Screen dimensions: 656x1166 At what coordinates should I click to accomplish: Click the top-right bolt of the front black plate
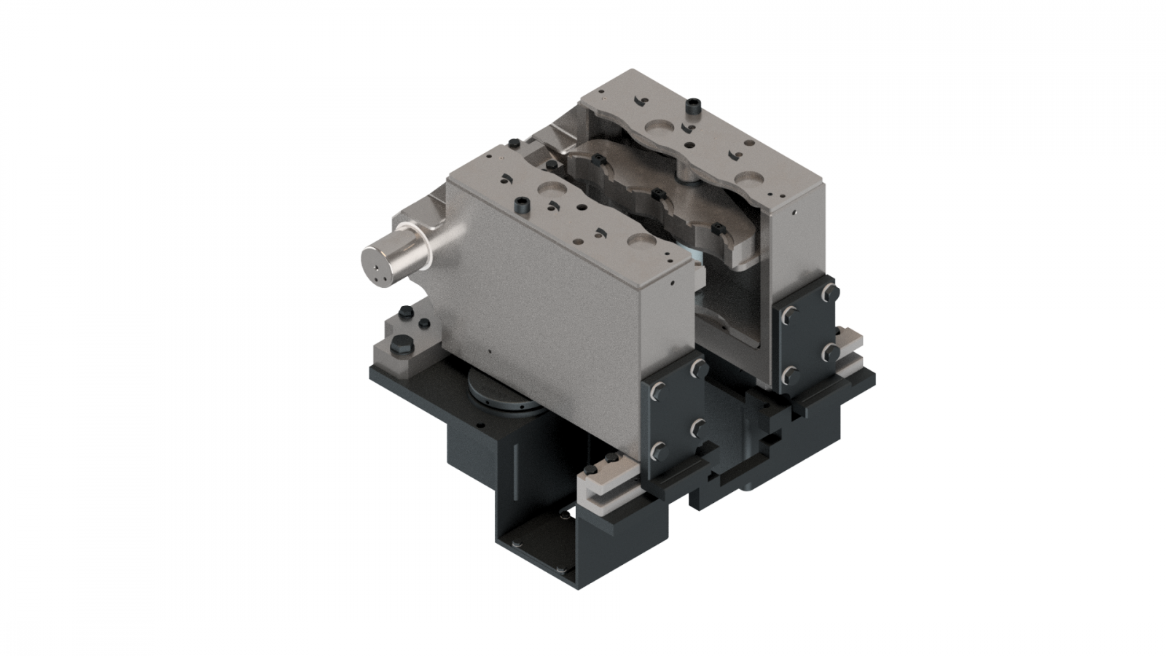click(696, 366)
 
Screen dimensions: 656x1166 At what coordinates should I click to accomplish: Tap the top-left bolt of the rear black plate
click(789, 314)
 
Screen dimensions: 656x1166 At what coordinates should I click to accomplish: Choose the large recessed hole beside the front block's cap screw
click(546, 189)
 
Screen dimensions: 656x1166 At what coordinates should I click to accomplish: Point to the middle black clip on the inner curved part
click(659, 194)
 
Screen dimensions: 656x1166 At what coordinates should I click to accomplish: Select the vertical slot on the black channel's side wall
click(516, 466)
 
